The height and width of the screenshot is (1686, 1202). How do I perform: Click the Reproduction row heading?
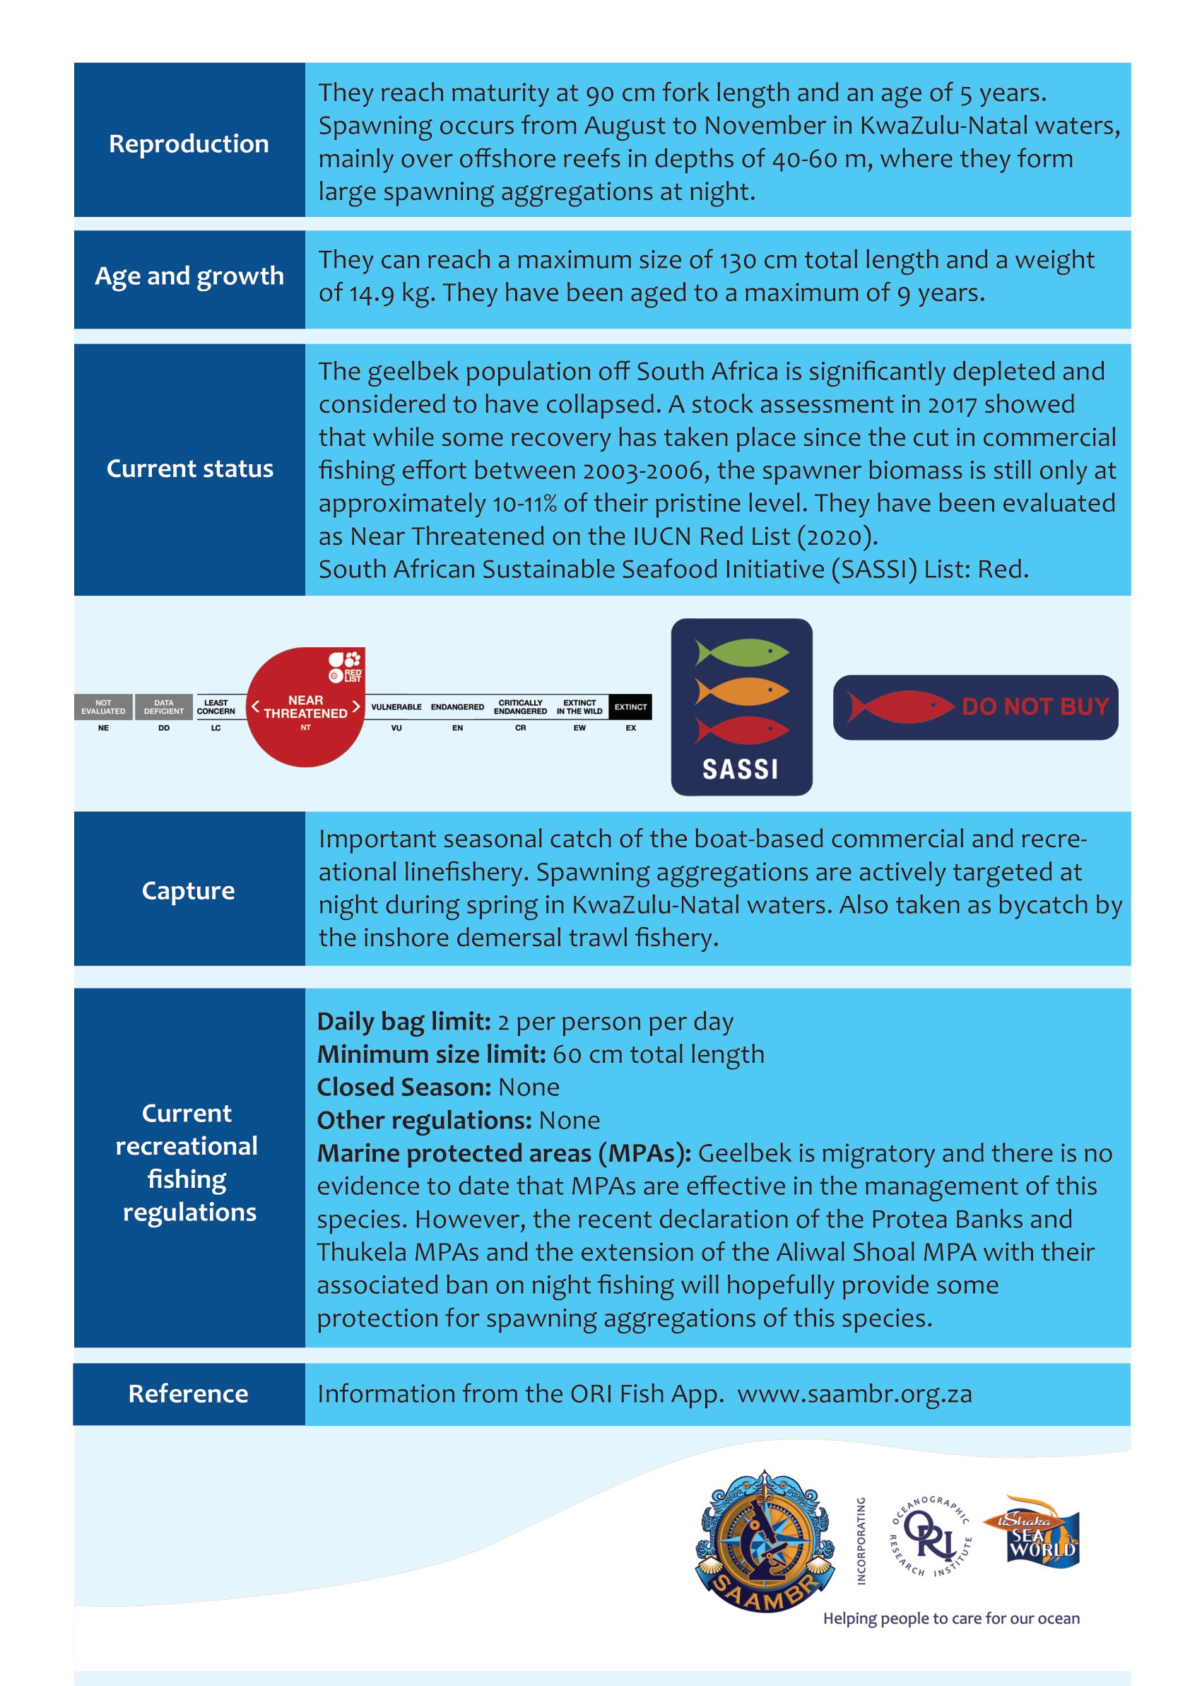(189, 143)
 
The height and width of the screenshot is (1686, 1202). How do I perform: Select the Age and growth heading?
(189, 276)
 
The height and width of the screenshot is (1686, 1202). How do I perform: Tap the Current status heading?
(189, 468)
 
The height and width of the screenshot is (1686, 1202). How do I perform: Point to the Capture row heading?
(188, 890)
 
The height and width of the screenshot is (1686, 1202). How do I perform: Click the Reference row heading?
(188, 1393)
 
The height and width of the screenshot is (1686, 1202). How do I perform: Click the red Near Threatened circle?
(305, 707)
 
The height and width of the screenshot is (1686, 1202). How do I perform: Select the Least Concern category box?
(216, 707)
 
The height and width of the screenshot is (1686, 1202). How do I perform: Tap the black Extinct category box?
(630, 707)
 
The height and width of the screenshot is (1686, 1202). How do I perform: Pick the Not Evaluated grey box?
(103, 707)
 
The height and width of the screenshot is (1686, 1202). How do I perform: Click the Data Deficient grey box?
(163, 707)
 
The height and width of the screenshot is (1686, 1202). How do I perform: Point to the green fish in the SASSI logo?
(742, 652)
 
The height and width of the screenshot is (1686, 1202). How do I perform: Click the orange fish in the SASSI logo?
(742, 691)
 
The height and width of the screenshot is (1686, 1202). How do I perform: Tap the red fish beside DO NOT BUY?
(899, 706)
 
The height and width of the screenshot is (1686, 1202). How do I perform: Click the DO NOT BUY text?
(1035, 706)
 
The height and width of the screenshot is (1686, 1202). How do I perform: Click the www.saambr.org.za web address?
(854, 1393)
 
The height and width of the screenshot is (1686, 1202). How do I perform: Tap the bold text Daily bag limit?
(403, 1021)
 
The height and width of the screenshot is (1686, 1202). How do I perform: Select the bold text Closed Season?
(403, 1087)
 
